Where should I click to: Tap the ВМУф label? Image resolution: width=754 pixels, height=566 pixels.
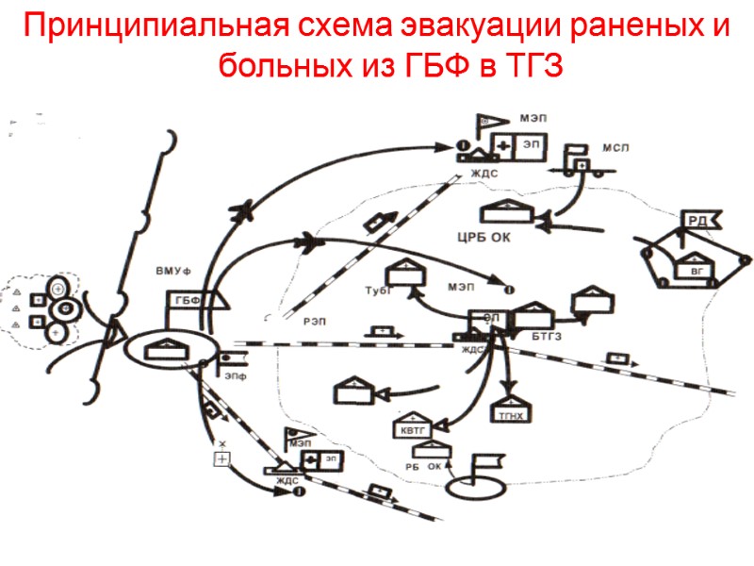tap(174, 272)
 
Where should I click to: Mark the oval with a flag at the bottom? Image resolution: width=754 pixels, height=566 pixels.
tap(469, 488)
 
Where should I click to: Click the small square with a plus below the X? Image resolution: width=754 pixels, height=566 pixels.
tap(222, 458)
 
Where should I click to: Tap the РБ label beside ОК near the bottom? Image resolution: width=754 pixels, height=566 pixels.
tap(412, 467)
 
